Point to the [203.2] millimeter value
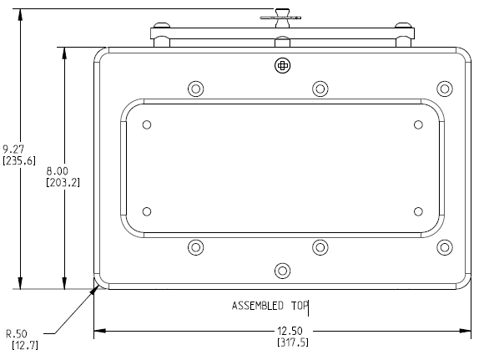pyautogui.click(x=63, y=181)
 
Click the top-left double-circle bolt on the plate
pyautogui.click(x=196, y=89)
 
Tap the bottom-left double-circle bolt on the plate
pyautogui.click(x=196, y=246)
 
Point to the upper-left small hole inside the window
pyautogui.click(x=147, y=125)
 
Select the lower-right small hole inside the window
pyautogui.click(x=419, y=210)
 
